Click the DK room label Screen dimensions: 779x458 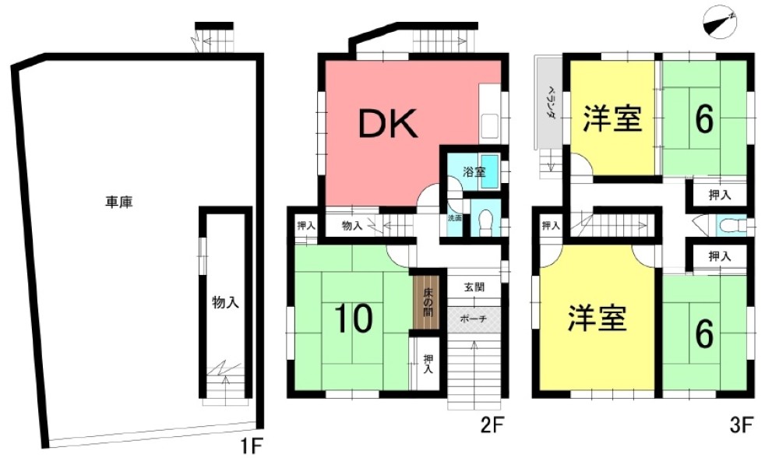coord(388,124)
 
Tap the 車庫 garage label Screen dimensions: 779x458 coord(119,203)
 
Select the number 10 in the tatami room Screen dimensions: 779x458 coord(353,319)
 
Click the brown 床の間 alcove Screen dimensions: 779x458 coord(427,302)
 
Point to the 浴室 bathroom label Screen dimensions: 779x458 coord(474,172)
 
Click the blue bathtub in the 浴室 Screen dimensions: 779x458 coord(490,171)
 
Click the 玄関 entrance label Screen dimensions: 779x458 coord(474,287)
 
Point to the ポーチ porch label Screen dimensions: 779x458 coord(474,319)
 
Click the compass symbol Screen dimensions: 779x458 coord(720,23)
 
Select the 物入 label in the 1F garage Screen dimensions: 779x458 coord(226,301)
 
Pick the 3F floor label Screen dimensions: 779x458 coord(742,425)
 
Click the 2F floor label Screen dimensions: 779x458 coord(492,425)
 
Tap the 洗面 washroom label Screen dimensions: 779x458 coord(455,217)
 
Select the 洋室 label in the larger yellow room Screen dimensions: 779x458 coord(597,318)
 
